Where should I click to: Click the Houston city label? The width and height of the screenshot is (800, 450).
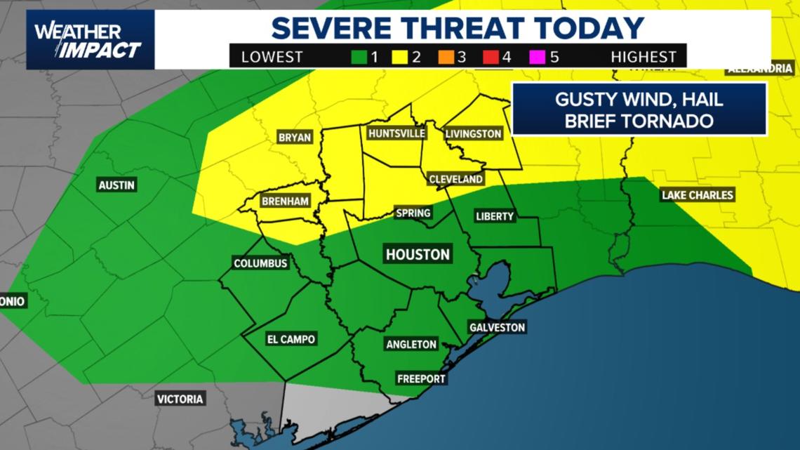click(x=418, y=254)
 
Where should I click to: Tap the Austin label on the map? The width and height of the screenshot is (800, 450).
click(x=117, y=185)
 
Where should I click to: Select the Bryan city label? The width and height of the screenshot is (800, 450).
click(x=295, y=138)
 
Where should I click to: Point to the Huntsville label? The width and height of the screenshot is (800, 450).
click(x=396, y=133)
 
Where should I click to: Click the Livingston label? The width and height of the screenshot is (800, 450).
click(x=474, y=133)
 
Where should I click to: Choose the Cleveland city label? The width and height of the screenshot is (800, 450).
click(x=455, y=179)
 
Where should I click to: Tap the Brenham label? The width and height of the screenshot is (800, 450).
click(x=285, y=201)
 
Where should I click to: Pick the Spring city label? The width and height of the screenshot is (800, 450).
click(x=413, y=213)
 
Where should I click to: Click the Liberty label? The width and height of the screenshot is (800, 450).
click(x=495, y=216)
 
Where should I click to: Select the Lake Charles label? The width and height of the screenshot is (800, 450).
click(x=697, y=195)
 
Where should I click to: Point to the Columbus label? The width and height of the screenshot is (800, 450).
click(x=260, y=263)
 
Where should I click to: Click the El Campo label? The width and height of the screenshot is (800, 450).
click(x=291, y=339)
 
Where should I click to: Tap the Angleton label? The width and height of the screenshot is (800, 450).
click(x=411, y=344)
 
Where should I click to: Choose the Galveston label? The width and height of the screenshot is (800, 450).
click(x=497, y=327)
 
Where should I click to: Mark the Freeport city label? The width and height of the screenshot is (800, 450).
click(x=421, y=378)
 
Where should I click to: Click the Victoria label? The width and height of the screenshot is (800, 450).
click(x=180, y=399)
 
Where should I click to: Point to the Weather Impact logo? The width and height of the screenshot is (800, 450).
click(x=88, y=40)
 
